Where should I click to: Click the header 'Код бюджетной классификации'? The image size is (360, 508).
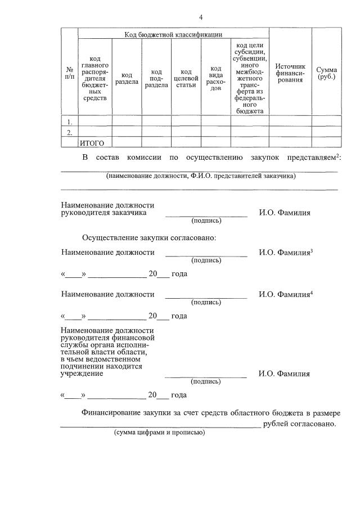point(173,34)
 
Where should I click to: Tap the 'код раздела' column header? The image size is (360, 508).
point(127,79)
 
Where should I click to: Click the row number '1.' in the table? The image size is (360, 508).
point(69,122)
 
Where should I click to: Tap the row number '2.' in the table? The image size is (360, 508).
point(69,132)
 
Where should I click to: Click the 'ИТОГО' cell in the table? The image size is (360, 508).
point(92,143)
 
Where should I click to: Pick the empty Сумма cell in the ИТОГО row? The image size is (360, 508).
point(326,143)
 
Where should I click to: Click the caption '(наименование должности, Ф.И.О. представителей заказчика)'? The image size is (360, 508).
point(200,176)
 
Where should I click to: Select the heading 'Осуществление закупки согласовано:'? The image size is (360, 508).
point(149,238)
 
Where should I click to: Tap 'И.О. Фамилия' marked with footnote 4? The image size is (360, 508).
point(285,294)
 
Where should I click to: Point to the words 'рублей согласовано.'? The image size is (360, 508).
point(299,424)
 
